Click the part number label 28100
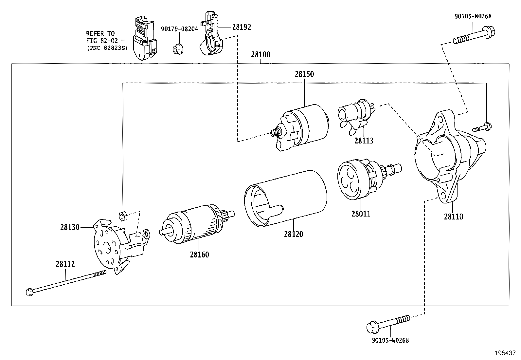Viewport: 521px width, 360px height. click(260, 55)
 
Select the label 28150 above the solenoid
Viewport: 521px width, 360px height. click(304, 74)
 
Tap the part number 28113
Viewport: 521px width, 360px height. click(364, 141)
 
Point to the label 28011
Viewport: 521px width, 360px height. click(361, 214)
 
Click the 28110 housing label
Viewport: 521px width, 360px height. click(453, 217)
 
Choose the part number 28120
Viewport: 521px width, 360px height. click(294, 234)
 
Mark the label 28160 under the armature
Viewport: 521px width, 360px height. click(199, 255)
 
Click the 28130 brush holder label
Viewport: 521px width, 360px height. click(70, 227)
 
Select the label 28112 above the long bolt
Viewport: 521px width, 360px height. click(65, 264)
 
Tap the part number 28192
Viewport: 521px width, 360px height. click(242, 27)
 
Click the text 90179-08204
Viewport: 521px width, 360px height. click(179, 29)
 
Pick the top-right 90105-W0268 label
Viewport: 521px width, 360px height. click(473, 16)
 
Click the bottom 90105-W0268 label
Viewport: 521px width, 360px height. click(390, 340)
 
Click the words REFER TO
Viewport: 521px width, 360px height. click(100, 33)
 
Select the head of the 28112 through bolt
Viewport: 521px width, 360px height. click(29, 291)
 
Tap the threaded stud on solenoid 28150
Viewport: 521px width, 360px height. click(276, 132)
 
